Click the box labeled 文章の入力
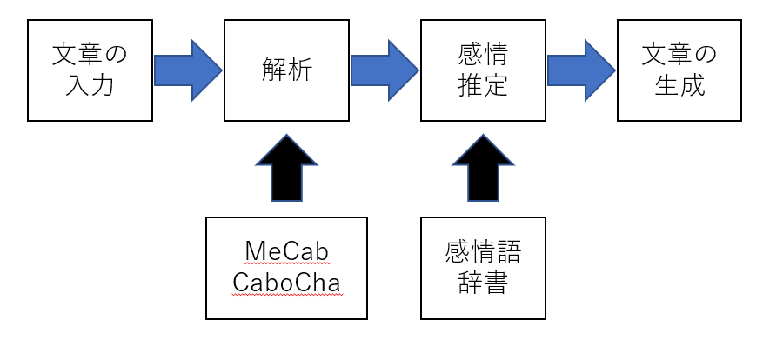point(90,70)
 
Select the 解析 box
point(287,70)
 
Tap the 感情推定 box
point(484,70)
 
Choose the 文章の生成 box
point(679,70)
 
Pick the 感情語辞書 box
point(484,268)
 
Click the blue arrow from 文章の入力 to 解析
point(188,70)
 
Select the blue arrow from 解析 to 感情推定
point(385,70)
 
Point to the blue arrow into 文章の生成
point(581,70)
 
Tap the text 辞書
point(484,283)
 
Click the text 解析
point(287,70)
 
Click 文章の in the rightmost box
point(679,56)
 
